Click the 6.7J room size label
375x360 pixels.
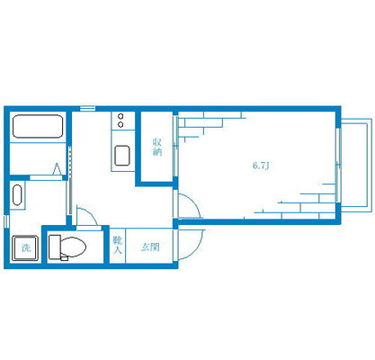click(x=261, y=166)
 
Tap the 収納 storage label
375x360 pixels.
click(x=157, y=147)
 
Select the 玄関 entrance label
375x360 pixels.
click(x=150, y=247)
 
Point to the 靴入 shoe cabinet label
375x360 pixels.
click(x=118, y=245)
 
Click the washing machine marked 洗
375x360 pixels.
click(x=25, y=248)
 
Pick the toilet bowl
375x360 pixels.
click(x=73, y=247)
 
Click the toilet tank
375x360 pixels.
click(x=55, y=247)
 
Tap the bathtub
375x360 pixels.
click(x=38, y=126)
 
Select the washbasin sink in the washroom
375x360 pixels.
click(x=17, y=195)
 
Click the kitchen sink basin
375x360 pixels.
click(x=122, y=156)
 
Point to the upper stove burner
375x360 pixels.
click(x=121, y=116)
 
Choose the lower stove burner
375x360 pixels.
click(x=121, y=124)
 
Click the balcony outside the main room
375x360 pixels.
click(x=355, y=165)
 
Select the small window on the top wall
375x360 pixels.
click(x=87, y=109)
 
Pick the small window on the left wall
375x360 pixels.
click(x=6, y=221)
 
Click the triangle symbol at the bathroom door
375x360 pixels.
click(x=57, y=168)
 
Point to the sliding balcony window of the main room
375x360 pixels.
click(x=338, y=165)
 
